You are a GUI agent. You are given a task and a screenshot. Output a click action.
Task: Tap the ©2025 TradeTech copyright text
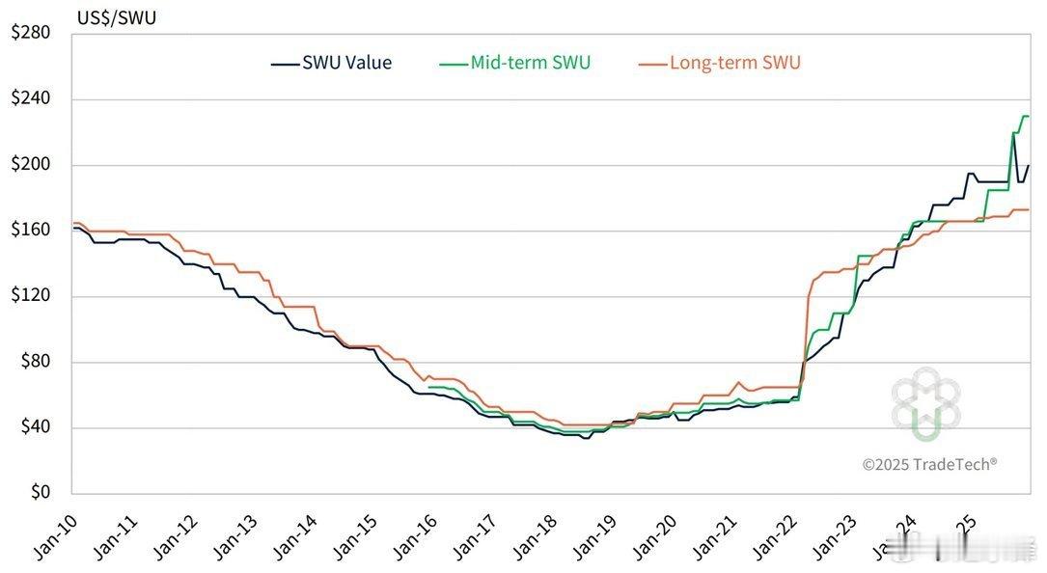click(929, 464)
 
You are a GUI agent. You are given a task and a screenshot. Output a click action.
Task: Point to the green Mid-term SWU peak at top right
click(1025, 117)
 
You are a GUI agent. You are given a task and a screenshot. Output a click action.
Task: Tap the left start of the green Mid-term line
click(427, 387)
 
